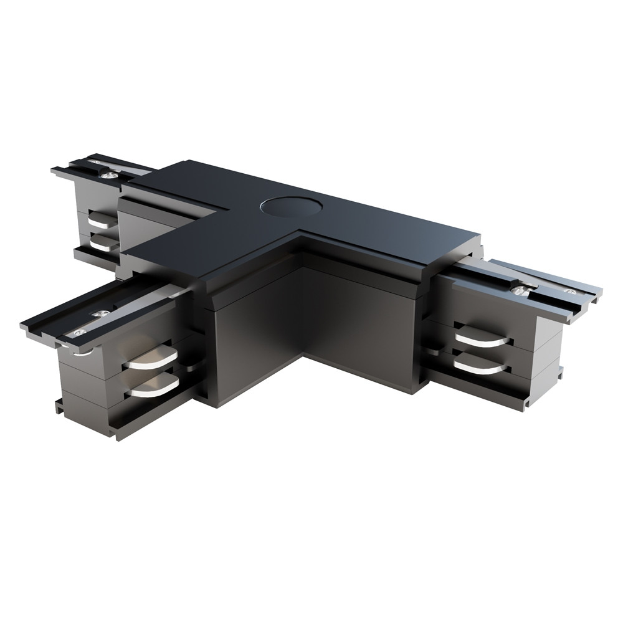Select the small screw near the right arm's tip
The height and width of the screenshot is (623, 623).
pos(569,291)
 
